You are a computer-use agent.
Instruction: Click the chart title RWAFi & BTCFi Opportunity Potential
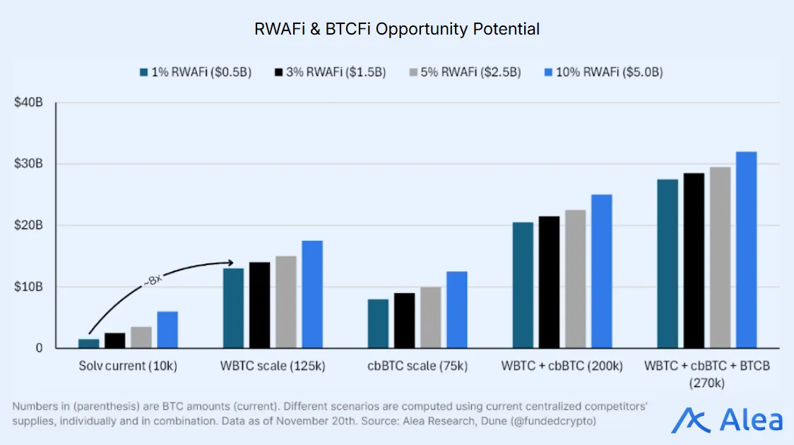point(397,29)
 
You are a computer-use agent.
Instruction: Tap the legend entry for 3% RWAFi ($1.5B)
point(330,72)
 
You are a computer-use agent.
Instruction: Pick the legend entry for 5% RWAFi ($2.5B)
point(465,72)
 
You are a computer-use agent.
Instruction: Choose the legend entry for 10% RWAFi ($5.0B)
point(603,72)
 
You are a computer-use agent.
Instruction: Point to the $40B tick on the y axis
point(29,103)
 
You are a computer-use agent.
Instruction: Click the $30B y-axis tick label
point(29,164)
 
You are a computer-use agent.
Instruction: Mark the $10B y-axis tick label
point(29,287)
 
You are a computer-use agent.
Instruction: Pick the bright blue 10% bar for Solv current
point(167,330)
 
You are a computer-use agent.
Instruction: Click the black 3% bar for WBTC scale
point(259,305)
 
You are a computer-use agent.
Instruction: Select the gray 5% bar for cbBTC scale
point(430,317)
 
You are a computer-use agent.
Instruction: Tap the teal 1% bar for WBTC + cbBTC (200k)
point(523,285)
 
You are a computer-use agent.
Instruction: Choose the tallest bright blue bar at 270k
point(746,250)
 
